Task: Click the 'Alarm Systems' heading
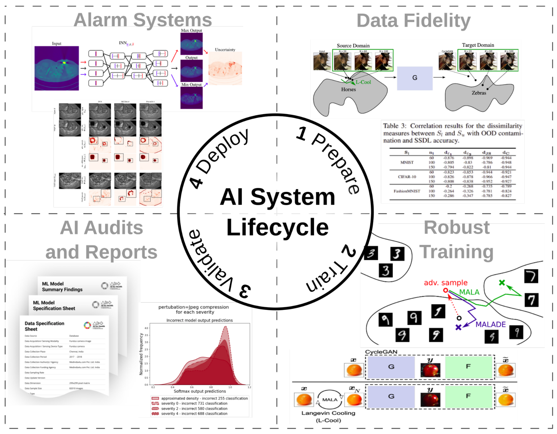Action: tap(143, 20)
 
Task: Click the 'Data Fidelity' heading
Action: tap(413, 21)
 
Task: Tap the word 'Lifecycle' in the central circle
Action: tap(277, 227)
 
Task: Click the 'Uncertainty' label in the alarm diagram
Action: tap(225, 50)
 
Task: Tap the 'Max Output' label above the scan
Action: tap(191, 31)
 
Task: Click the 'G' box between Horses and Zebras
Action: tap(415, 78)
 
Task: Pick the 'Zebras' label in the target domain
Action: tap(479, 93)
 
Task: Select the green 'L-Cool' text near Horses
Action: tap(363, 82)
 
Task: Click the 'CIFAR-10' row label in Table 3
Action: tap(407, 177)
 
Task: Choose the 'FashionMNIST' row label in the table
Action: tap(407, 191)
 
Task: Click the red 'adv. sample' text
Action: tap(445, 283)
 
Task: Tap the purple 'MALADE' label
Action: tap(491, 324)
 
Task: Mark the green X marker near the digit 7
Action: tap(502, 283)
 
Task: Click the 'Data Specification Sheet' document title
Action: tap(44, 326)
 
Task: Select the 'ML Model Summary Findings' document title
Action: tap(62, 287)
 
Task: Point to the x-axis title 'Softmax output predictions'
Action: tap(200, 391)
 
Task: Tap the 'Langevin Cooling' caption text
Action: tap(328, 413)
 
